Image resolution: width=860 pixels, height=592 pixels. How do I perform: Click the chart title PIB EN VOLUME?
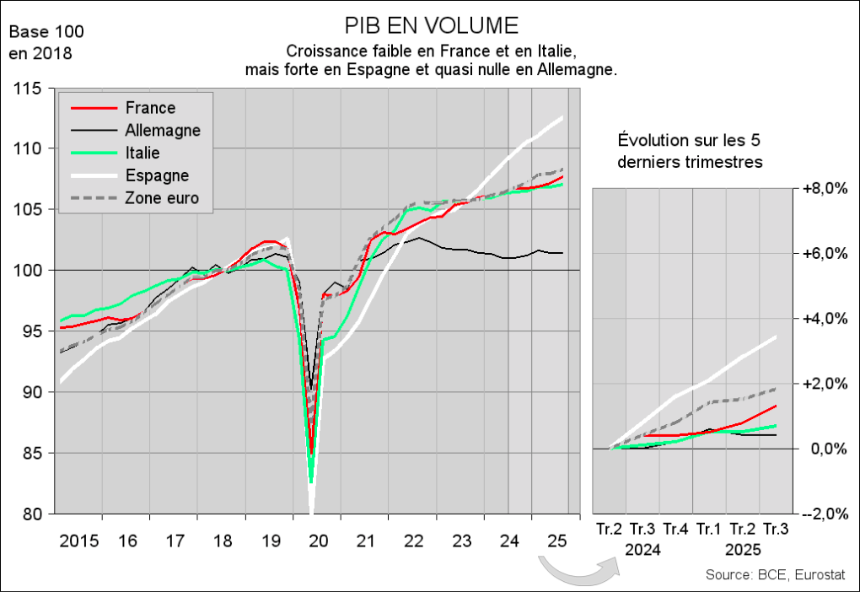coord(432,23)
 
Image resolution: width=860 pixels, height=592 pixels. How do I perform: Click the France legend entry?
coord(150,108)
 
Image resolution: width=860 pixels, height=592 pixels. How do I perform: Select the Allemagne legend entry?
coord(162,131)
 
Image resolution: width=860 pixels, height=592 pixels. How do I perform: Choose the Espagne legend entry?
coord(157,176)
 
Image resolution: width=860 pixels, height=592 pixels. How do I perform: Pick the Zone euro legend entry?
coord(163,199)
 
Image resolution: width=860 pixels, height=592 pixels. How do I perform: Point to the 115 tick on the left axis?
coord(31,88)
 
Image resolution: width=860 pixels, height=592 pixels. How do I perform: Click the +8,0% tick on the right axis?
coord(822,188)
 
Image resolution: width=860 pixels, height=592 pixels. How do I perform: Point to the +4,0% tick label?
coord(822,319)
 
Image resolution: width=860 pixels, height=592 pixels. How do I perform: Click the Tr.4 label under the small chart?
coord(675,530)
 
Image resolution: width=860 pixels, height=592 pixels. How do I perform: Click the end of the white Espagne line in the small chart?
coord(776,336)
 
